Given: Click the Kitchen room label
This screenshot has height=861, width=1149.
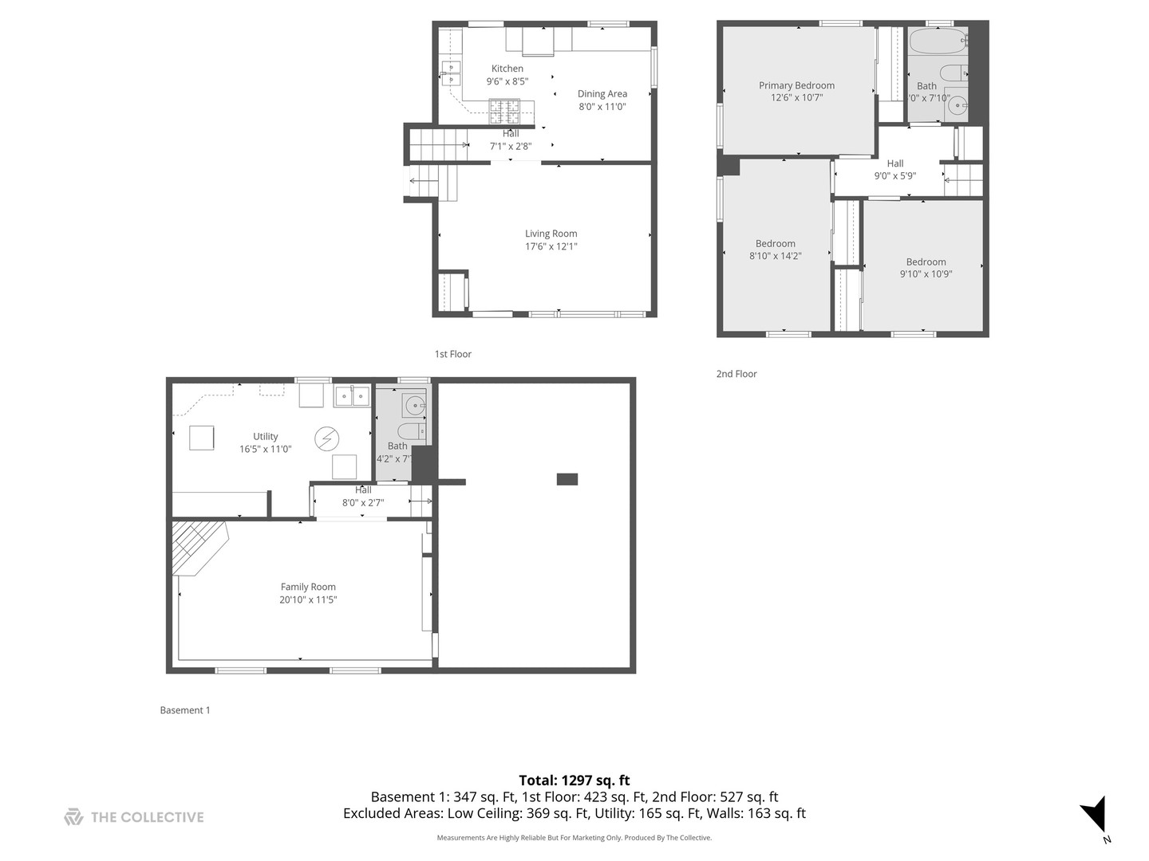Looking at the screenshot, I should coord(507,69).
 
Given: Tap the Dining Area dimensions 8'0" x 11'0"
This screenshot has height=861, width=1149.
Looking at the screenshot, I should coord(602,106).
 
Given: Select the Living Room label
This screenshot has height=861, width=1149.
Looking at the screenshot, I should coord(551,234).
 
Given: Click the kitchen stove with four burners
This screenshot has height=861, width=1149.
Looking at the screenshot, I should coord(503,110).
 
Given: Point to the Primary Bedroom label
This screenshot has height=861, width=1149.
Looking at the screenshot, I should coord(796,85).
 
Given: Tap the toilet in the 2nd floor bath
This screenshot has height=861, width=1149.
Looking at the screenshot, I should coord(953,73).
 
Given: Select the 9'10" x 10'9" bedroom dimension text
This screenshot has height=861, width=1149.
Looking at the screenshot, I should coord(926,273).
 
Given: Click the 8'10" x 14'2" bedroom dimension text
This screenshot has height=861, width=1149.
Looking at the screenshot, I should coord(775,256).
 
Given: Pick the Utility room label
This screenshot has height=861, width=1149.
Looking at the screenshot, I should coord(266,436).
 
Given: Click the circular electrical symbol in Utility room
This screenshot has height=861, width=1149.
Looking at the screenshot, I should coord(326,438).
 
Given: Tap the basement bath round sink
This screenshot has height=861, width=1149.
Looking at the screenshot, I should coord(414,406).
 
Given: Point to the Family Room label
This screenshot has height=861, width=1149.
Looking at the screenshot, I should coord(308,587).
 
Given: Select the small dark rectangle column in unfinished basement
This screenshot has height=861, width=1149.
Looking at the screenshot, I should coord(567,479).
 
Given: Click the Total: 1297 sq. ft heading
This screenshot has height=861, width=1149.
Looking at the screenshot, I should coord(574,780).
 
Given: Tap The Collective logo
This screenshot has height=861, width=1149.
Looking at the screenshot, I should coord(134,817).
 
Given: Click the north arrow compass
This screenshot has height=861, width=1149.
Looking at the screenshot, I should coord(1096,816).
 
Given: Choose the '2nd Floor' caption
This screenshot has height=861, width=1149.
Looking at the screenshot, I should coord(736,374).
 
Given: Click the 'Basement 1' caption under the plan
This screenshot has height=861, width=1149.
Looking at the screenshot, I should coord(185,710).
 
